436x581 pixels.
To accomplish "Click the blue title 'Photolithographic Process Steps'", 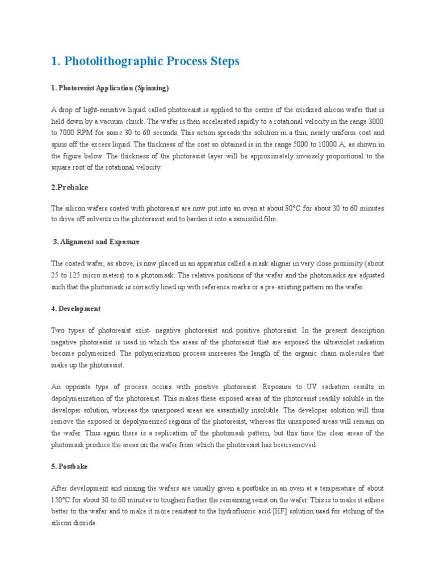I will [145, 61].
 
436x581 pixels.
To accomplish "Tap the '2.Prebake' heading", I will [70, 187].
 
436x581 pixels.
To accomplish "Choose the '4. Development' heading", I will [76, 309].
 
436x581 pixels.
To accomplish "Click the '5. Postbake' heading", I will [69, 466].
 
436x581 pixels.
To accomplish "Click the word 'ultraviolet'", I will [322, 342].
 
